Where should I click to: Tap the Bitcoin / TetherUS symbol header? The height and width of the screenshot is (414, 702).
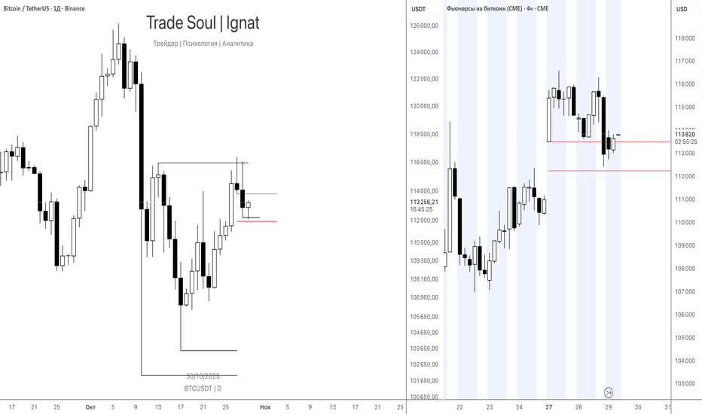click(44, 8)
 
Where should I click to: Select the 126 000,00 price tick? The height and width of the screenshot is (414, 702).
click(424, 26)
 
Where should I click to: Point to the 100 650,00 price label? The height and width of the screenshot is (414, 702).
click(424, 397)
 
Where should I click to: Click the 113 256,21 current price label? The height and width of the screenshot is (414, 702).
click(424, 202)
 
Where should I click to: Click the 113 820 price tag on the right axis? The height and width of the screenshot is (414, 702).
click(685, 135)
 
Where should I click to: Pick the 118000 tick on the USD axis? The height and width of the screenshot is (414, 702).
click(685, 38)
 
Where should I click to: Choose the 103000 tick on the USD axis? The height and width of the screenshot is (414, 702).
click(685, 384)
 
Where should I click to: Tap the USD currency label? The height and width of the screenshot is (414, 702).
click(681, 9)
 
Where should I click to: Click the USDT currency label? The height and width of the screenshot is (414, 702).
click(418, 9)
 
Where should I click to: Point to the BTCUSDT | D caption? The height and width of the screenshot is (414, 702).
click(203, 388)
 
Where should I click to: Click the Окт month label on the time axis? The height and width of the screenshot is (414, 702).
click(90, 407)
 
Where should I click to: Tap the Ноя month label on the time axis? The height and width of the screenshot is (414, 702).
click(264, 407)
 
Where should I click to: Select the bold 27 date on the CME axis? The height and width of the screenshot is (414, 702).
click(549, 407)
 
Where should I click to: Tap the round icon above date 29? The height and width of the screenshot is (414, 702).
click(609, 392)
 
